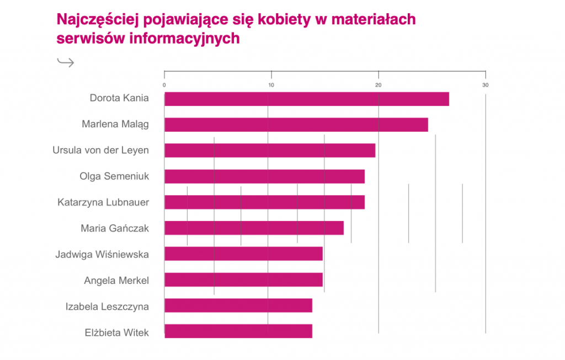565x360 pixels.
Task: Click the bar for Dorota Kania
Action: pos(307,99)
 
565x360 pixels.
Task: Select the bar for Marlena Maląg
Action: pos(296,125)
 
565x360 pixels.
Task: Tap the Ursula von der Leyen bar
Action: pos(270,151)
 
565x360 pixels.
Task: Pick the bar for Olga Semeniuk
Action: pos(264,176)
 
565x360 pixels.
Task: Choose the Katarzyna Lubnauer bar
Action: pos(264,202)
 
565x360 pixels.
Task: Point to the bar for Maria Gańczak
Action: pos(254,228)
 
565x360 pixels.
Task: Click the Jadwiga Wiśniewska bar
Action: pos(243,254)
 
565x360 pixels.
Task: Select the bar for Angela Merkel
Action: pos(243,280)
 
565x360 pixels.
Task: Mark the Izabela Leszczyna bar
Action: pos(238,305)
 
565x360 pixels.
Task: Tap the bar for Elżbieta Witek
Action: pos(238,331)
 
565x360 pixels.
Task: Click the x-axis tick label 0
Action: pos(164,85)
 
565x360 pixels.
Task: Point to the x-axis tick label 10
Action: pos(271,85)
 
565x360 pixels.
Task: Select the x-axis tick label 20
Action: pos(379,85)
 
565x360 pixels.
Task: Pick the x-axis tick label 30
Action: pos(486,85)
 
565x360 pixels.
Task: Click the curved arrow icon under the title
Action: pos(65,62)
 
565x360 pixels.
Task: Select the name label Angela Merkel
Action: pos(116,281)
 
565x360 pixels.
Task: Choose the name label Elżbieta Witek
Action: pos(117,332)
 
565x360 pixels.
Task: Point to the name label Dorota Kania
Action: pos(119,99)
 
